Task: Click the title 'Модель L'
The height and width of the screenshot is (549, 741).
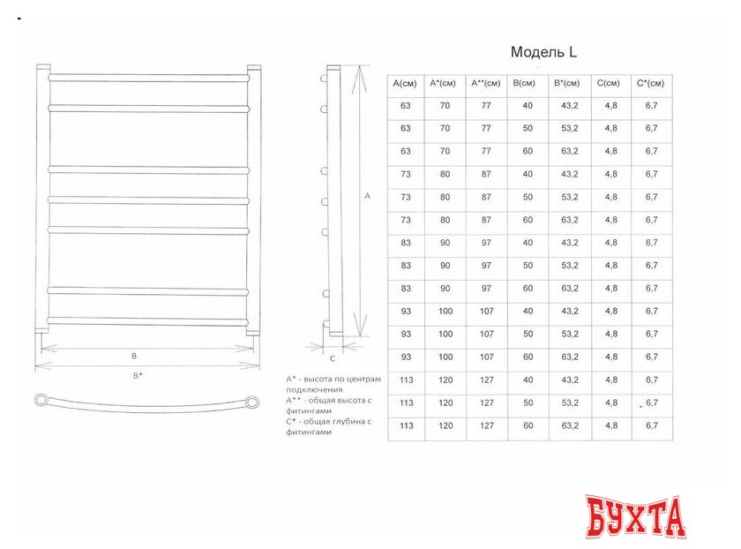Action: coord(543,52)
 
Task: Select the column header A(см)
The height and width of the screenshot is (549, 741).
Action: coord(406,84)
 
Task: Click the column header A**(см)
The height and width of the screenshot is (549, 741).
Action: coord(486,84)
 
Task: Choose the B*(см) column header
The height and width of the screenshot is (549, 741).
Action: coord(568,84)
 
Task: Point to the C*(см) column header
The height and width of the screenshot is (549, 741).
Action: coord(651,84)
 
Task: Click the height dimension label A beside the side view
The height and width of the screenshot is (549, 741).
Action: coord(367,196)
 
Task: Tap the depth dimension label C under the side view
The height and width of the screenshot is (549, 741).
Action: coord(333,358)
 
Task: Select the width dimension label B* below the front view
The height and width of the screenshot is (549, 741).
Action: coord(138,376)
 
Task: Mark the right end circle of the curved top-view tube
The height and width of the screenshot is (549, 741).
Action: coord(253,402)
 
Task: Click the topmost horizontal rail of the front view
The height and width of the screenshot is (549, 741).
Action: coord(148,77)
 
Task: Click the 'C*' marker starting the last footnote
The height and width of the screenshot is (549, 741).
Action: coord(291,421)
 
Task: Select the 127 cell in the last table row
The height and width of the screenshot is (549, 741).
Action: coord(486,425)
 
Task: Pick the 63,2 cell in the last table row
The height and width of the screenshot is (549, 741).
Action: coord(568,425)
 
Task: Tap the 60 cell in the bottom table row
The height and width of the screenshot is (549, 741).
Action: coord(528,425)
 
